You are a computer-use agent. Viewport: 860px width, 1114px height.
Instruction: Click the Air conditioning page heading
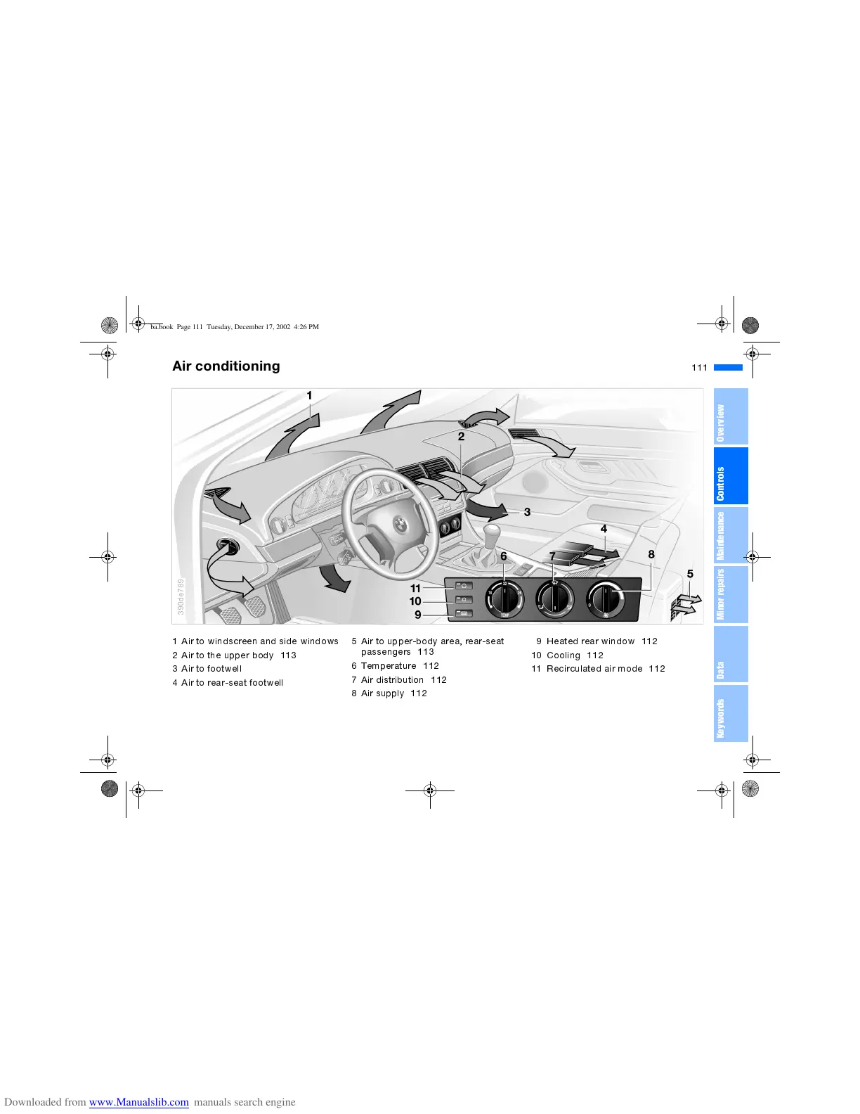[226, 366]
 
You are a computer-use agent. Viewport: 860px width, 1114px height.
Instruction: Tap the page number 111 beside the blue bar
[699, 368]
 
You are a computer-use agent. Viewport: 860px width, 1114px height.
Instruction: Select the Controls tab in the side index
[730, 476]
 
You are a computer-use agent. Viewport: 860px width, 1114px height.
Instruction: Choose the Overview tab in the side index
[730, 416]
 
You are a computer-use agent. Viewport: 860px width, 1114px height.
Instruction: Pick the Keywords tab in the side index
[730, 713]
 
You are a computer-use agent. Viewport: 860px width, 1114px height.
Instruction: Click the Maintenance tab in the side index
[730, 535]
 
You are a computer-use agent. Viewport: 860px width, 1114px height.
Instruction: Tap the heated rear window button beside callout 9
[463, 614]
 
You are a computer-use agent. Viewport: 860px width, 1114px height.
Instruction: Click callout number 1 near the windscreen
[309, 396]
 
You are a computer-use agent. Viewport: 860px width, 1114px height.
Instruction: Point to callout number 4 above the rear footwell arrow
[604, 529]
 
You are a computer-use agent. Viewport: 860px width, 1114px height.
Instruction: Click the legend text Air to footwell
[211, 669]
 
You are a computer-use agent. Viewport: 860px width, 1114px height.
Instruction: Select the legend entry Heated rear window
[590, 641]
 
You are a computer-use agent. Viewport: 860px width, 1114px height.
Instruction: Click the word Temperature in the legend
[389, 666]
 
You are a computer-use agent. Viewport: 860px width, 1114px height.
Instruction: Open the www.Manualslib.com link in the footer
[138, 1102]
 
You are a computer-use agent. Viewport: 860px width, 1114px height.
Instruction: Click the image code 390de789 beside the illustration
[181, 597]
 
